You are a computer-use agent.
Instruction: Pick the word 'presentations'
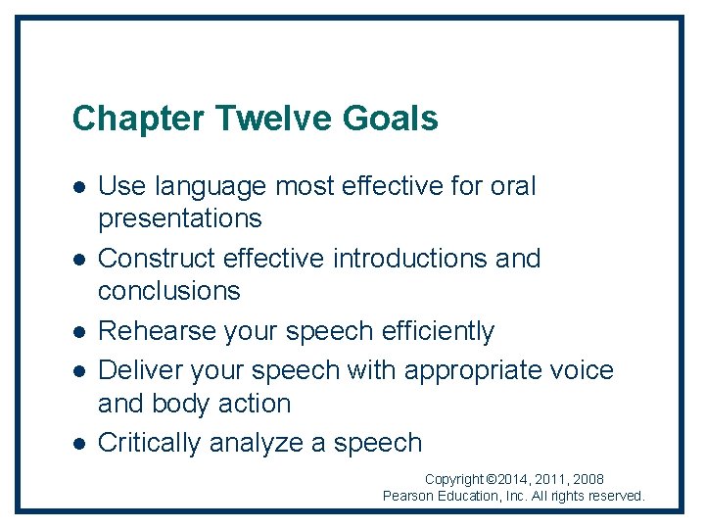point(180,218)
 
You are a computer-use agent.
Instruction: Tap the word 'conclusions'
point(169,291)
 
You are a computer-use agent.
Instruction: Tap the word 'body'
point(183,404)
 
